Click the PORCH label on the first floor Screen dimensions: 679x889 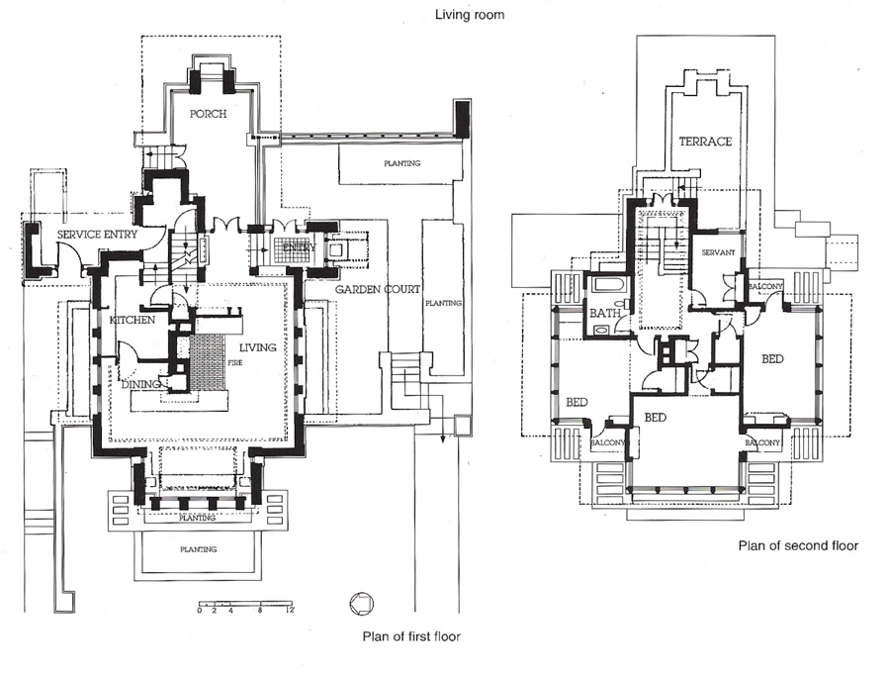click(209, 114)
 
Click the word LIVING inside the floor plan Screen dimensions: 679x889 click(258, 347)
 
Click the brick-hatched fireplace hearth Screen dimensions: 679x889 click(207, 360)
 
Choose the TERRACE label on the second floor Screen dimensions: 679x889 click(705, 142)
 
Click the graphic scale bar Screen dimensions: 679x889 click(245, 603)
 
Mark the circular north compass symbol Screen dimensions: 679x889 click(361, 603)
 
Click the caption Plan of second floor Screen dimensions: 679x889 click(797, 545)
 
